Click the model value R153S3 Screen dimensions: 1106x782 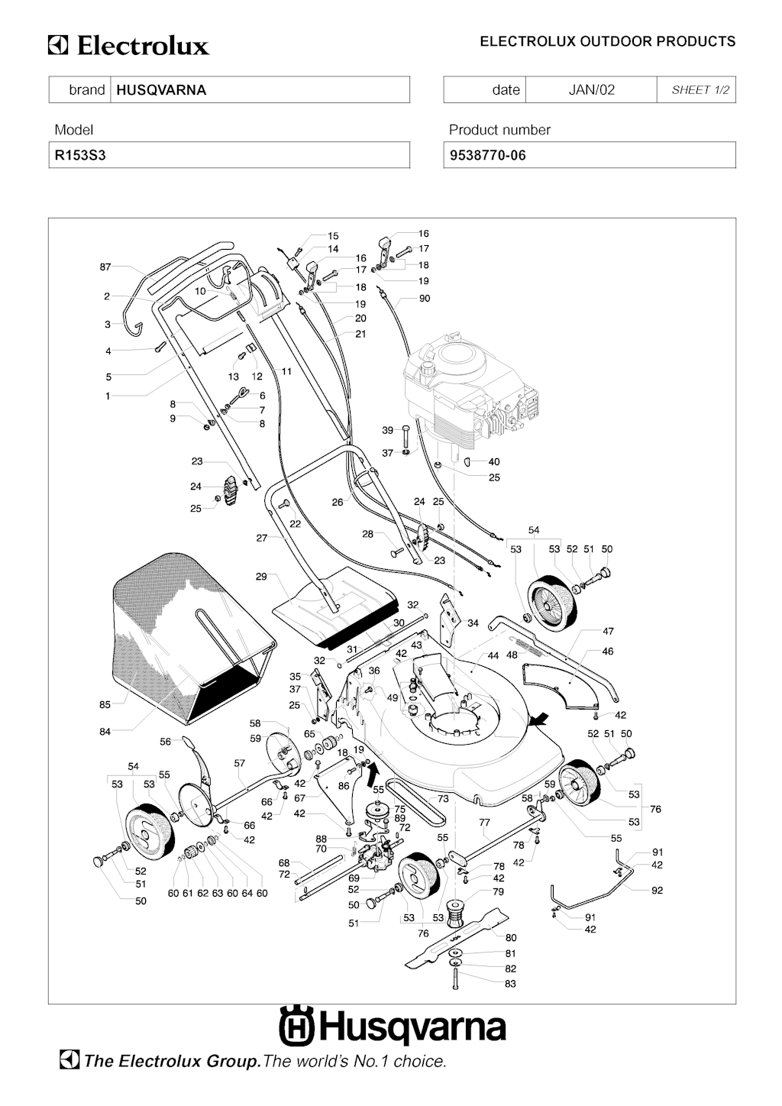(x=79, y=155)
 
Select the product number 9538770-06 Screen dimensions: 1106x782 (x=487, y=155)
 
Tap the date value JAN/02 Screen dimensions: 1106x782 (x=591, y=90)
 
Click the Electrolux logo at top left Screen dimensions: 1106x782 (x=128, y=46)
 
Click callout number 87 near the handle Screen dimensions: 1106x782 (x=105, y=267)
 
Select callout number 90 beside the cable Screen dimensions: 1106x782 (x=425, y=299)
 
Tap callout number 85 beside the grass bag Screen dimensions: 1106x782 (x=105, y=704)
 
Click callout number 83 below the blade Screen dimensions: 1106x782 (x=510, y=984)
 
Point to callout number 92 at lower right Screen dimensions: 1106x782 (x=657, y=890)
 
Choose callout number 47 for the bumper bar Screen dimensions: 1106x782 (x=608, y=632)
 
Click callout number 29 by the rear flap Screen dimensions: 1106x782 (x=261, y=577)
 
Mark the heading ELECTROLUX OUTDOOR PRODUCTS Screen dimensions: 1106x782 (x=607, y=41)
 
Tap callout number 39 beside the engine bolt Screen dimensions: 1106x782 (x=388, y=431)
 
